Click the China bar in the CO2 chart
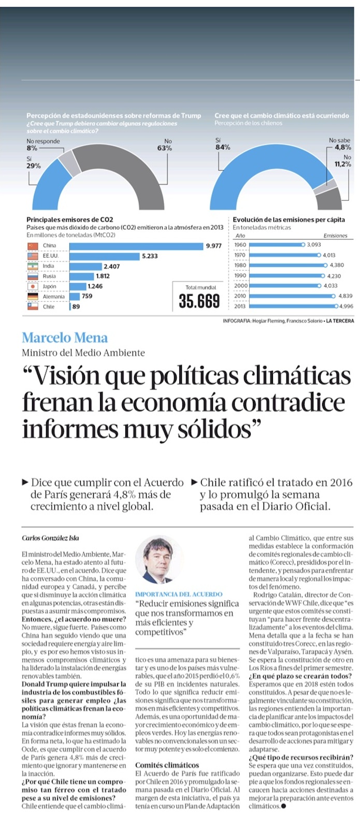(136, 246)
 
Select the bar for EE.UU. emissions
(105, 256)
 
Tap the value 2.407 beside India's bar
(112, 266)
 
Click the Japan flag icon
(33, 286)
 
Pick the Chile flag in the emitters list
(33, 306)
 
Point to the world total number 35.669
(199, 301)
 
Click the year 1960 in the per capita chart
(240, 245)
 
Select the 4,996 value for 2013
(346, 306)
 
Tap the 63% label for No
(165, 148)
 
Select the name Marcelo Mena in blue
(65, 338)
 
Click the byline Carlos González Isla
(50, 538)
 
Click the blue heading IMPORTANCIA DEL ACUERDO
(179, 594)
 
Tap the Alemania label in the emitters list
(54, 297)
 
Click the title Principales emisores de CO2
(70, 220)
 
